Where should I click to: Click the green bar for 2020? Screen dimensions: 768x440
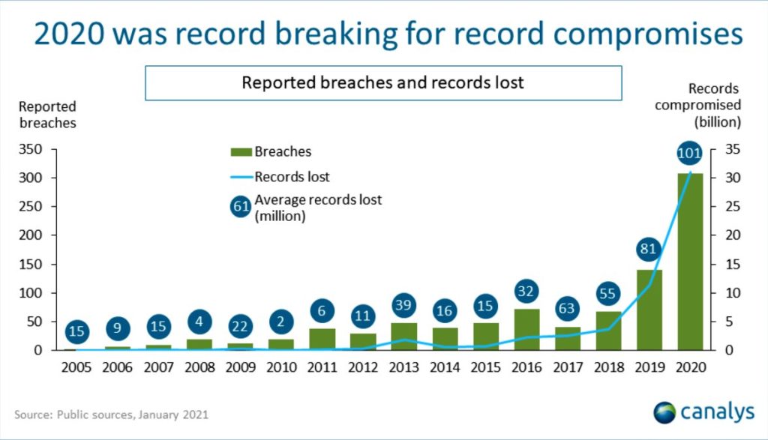(690, 262)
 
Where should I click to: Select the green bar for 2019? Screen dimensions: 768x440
(649, 310)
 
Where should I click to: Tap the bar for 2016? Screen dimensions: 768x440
(527, 329)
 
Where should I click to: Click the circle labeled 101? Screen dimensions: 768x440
(690, 153)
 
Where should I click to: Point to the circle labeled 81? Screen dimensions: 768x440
(649, 249)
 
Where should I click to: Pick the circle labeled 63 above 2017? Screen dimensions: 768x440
(567, 308)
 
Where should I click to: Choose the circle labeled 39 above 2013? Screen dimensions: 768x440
(403, 305)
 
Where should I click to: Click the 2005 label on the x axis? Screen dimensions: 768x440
(76, 367)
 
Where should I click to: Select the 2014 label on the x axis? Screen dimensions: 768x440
(445, 367)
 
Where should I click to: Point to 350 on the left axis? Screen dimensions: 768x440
(30, 148)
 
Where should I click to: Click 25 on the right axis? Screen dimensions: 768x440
(733, 207)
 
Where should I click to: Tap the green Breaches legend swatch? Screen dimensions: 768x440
(241, 152)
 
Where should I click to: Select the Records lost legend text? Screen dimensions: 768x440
(292, 177)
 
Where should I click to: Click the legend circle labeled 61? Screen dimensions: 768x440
(241, 207)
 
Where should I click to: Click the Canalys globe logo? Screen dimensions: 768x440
(664, 412)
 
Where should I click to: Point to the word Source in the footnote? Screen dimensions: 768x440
(33, 415)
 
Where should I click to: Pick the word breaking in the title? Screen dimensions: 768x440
(335, 34)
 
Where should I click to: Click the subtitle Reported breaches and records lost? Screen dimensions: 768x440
(383, 82)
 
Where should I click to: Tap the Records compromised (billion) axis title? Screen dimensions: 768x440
(698, 105)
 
